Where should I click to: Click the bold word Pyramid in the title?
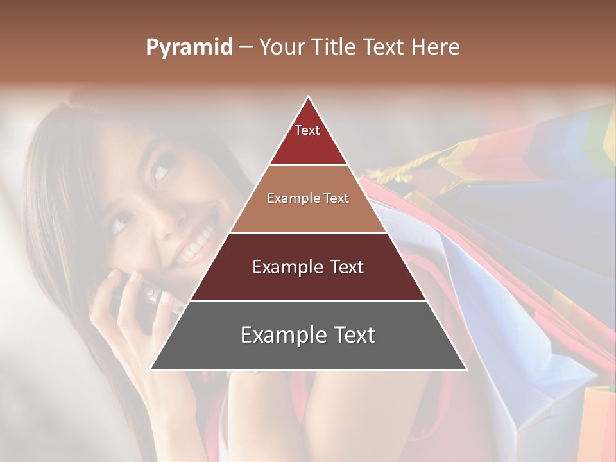tap(189, 47)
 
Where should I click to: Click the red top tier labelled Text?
tap(308, 144)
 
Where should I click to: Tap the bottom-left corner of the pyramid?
tap(151, 369)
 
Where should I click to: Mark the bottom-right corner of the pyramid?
tap(466, 369)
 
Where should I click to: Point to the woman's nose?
tap(157, 221)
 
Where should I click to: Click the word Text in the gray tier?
tap(349, 335)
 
